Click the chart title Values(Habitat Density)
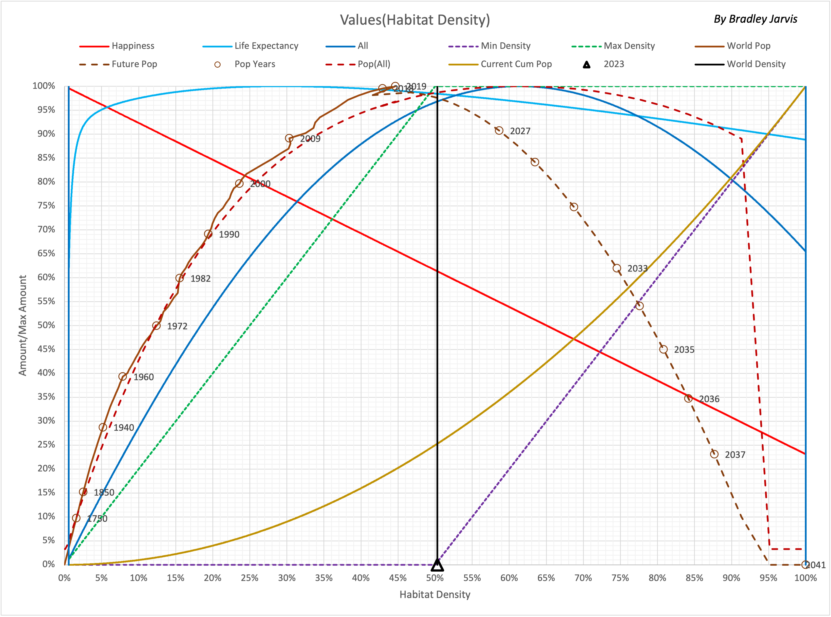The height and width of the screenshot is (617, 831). (x=415, y=20)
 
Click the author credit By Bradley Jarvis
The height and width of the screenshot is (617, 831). (x=755, y=19)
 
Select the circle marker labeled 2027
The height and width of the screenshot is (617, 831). (x=499, y=130)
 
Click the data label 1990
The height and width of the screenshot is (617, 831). (x=229, y=235)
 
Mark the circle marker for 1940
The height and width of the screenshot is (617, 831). (x=103, y=427)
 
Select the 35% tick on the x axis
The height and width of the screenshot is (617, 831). (x=323, y=578)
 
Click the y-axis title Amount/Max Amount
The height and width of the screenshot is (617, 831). (x=23, y=325)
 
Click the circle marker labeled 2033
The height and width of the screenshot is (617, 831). (x=617, y=268)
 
